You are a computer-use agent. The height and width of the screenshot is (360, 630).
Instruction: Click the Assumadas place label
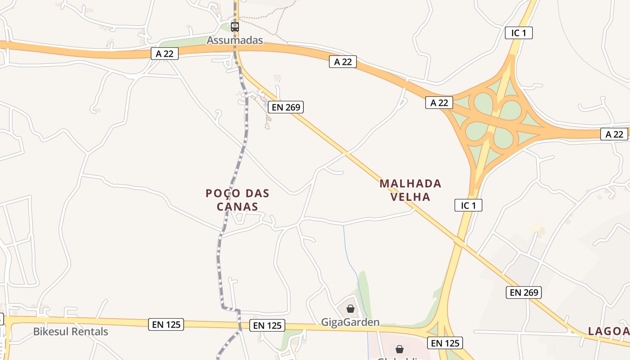pyautogui.click(x=234, y=40)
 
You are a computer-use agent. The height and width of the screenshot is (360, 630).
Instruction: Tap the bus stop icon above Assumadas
pyautogui.click(x=234, y=27)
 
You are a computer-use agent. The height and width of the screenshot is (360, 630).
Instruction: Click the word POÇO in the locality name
pyautogui.click(x=221, y=193)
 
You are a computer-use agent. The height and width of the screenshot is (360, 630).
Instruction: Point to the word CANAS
pyautogui.click(x=237, y=207)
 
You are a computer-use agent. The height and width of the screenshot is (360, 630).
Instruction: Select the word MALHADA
pyautogui.click(x=410, y=184)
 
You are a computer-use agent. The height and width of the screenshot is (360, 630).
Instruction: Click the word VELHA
pyautogui.click(x=410, y=197)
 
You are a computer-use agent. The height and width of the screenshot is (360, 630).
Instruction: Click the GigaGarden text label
pyautogui.click(x=350, y=322)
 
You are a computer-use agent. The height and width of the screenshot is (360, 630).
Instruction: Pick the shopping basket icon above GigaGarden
pyautogui.click(x=351, y=309)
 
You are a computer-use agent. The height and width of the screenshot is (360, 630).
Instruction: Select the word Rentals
pyautogui.click(x=92, y=332)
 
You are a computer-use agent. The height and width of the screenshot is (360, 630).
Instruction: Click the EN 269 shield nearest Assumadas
pyautogui.click(x=286, y=107)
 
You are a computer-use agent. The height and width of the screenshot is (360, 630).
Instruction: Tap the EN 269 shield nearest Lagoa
pyautogui.click(x=523, y=292)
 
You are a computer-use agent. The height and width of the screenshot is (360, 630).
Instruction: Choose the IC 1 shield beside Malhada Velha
pyautogui.click(x=468, y=206)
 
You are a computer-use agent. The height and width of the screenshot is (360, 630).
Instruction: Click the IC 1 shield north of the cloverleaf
pyautogui.click(x=518, y=33)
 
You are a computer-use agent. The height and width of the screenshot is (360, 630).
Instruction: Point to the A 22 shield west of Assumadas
pyautogui.click(x=165, y=54)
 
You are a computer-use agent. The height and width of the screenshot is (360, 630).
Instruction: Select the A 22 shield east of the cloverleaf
pyautogui.click(x=614, y=134)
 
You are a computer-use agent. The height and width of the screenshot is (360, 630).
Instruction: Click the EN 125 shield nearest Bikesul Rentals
pyautogui.click(x=166, y=324)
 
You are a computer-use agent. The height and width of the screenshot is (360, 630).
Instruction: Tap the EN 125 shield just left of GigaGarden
pyautogui.click(x=267, y=326)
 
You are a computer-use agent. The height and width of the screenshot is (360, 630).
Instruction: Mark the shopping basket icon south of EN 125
pyautogui.click(x=399, y=349)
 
